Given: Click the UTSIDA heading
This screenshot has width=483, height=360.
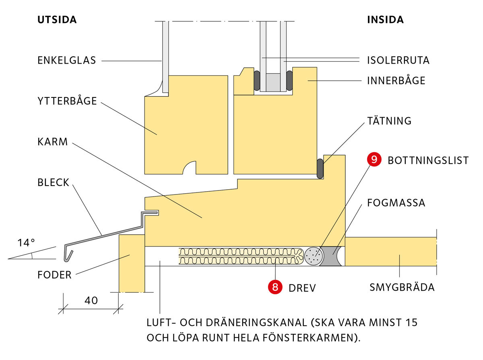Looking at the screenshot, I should tap(57, 20).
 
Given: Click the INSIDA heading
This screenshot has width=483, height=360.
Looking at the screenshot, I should tap(385, 20).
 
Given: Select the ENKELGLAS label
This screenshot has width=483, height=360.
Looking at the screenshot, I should tap(67, 60).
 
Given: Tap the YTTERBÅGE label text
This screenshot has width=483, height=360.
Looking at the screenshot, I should tap(67, 101).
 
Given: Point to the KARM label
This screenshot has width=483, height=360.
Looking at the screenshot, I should tap(52, 142).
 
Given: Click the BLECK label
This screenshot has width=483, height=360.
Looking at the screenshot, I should tap(54, 183).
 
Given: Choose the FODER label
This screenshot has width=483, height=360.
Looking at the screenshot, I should tap(54, 275).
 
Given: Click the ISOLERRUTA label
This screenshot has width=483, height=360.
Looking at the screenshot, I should tap(398, 60).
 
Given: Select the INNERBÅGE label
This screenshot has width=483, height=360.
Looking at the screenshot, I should tap(396, 81).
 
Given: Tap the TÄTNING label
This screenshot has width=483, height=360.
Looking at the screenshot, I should tap(389, 121).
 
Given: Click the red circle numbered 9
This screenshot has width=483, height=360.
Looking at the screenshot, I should tap(374, 160).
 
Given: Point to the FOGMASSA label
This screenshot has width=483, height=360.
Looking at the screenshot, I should tap(396, 202).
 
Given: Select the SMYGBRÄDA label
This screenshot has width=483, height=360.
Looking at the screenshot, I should tap(402, 288).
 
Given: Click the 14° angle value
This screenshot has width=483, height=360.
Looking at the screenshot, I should tap(26, 242).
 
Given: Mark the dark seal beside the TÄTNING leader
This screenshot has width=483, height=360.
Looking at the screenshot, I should tap(320, 168).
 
